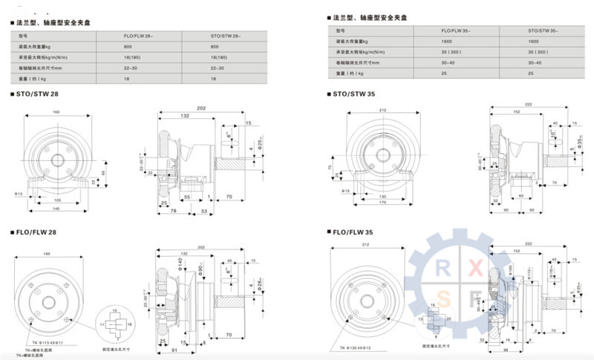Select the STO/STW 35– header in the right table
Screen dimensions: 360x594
(x=541, y=30)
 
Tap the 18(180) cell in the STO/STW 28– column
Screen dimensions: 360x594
(x=218, y=56)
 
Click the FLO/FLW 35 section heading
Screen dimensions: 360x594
(x=353, y=232)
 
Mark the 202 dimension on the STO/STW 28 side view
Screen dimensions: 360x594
(x=200, y=109)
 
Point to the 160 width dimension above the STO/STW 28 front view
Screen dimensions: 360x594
(x=56, y=113)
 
